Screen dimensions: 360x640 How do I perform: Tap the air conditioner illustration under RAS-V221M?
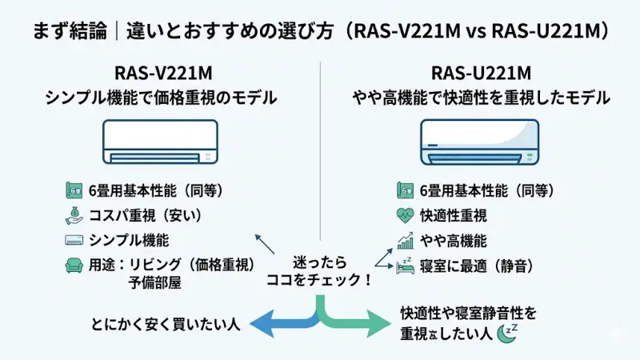click(160, 141)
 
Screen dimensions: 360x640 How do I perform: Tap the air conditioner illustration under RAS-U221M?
click(481, 141)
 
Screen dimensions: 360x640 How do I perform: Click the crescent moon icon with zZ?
click(506, 331)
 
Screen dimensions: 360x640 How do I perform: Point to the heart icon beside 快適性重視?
click(405, 215)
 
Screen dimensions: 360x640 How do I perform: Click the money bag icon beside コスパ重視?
click(74, 215)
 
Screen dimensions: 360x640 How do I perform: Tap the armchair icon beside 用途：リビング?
click(74, 265)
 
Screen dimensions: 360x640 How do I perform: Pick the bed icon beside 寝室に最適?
click(405, 265)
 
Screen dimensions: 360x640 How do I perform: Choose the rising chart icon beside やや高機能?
click(405, 240)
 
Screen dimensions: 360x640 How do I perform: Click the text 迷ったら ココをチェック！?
click(319, 272)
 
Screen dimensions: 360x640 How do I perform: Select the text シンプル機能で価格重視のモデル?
click(160, 98)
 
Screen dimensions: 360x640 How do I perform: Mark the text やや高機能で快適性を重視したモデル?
click(482, 98)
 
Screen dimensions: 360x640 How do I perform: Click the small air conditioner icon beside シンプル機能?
click(74, 240)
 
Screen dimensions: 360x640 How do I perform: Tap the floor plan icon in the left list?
click(74, 191)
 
